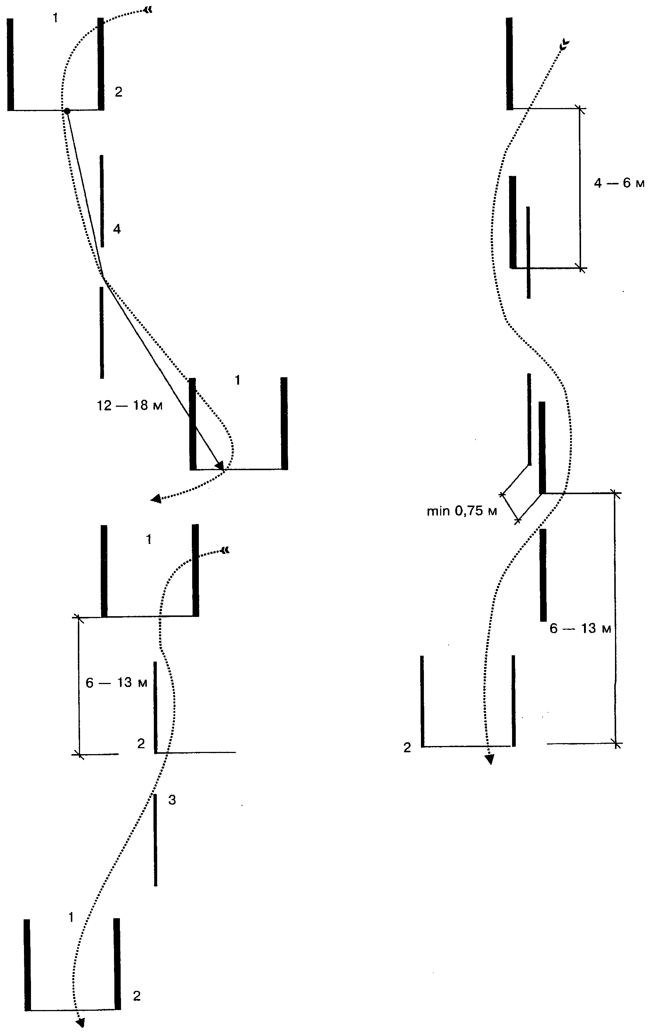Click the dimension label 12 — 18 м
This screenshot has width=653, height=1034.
point(130,405)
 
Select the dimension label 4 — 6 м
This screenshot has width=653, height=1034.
point(619,183)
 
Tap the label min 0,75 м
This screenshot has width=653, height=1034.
point(462,511)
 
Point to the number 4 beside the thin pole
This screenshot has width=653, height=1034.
point(117,229)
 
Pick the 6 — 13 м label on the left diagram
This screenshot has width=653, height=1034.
point(117,683)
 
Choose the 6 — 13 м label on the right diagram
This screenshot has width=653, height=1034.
point(580,629)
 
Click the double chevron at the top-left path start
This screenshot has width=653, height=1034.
point(148,11)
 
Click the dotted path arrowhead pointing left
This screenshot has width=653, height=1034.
point(156,499)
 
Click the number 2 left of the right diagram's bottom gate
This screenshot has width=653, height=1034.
point(407,747)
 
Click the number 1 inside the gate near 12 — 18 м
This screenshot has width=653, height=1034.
point(237,380)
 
